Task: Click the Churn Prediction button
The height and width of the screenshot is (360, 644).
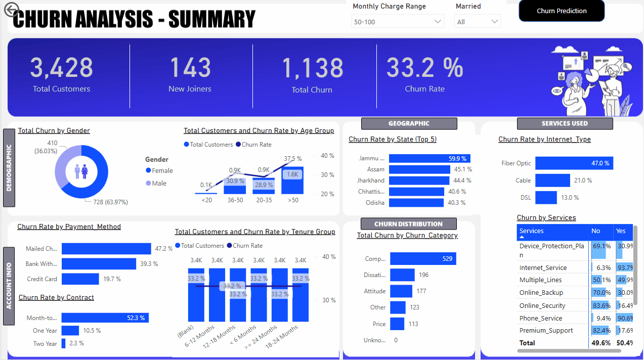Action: click(x=562, y=11)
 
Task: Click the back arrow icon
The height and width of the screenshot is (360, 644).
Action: click(x=11, y=9)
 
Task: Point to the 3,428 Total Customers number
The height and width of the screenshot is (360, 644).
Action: click(x=61, y=68)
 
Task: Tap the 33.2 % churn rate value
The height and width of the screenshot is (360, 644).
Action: click(x=424, y=68)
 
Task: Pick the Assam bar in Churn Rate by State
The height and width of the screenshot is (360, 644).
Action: click(x=419, y=169)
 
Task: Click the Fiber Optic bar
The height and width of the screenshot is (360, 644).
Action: click(x=574, y=163)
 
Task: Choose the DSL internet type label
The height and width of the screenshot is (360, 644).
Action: click(x=526, y=198)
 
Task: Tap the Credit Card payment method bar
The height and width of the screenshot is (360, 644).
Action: click(x=80, y=279)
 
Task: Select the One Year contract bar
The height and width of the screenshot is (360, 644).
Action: click(x=70, y=331)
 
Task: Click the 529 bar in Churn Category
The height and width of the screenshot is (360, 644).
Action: click(x=423, y=259)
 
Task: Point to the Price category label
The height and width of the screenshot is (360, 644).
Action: click(x=379, y=324)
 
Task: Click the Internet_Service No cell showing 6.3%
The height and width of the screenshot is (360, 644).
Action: click(x=602, y=268)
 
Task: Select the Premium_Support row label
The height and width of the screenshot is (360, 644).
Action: click(x=546, y=331)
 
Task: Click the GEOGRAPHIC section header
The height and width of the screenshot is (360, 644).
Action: click(x=409, y=123)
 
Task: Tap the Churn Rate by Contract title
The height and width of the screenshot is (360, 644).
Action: click(x=56, y=298)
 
